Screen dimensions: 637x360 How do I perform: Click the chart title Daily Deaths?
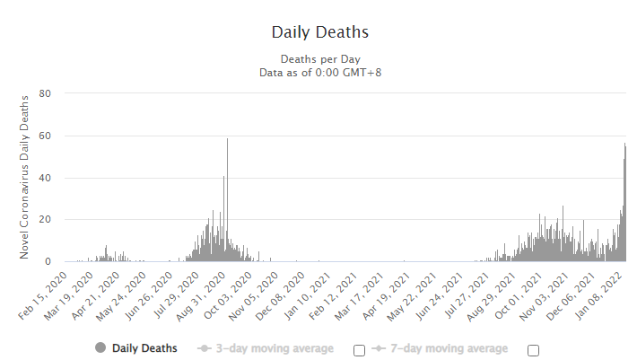click(320, 32)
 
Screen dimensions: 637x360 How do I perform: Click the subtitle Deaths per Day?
click(320, 59)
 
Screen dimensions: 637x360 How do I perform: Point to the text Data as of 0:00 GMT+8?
click(320, 73)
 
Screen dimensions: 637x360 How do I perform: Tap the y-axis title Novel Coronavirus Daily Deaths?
click(24, 177)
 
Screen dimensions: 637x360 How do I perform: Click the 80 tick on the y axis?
click(45, 93)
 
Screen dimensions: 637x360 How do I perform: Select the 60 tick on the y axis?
click(45, 136)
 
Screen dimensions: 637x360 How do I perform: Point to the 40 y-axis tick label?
click(45, 178)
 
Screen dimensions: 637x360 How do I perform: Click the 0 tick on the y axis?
click(48, 261)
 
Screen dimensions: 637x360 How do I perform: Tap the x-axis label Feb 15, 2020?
click(43, 295)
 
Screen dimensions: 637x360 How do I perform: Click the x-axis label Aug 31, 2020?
click(201, 296)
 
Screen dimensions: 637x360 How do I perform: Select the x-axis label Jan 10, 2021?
click(307, 296)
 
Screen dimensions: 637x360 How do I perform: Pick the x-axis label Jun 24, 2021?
click(439, 296)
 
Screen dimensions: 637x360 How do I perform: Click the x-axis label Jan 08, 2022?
click(598, 296)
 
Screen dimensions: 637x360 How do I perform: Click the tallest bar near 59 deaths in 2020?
click(228, 200)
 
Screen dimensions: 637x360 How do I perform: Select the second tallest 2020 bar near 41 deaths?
click(223, 218)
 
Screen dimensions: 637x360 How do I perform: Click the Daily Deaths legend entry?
click(136, 348)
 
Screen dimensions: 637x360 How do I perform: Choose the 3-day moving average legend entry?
click(266, 348)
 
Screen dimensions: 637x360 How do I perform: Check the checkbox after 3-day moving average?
click(359, 350)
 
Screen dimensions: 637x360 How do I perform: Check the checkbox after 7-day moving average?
click(533, 350)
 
